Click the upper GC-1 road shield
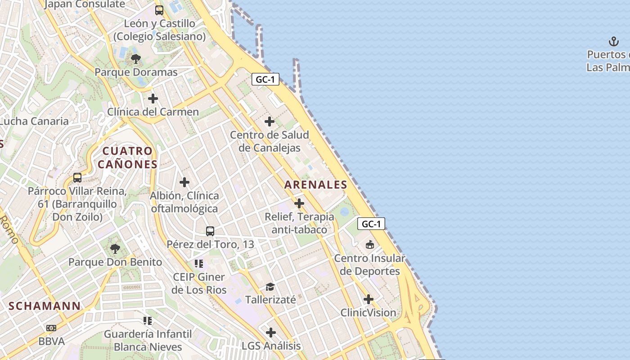click(265, 80)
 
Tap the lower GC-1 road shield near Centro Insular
click(371, 224)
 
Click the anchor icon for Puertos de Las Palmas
click(614, 41)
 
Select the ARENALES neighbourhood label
click(316, 184)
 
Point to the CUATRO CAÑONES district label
click(127, 157)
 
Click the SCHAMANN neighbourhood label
click(45, 306)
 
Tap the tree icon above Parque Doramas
click(135, 58)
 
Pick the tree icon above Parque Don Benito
click(115, 248)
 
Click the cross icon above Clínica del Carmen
click(153, 98)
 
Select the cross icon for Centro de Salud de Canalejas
click(270, 121)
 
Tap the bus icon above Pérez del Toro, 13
click(210, 231)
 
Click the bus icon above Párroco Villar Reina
click(77, 177)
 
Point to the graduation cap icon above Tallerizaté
click(270, 286)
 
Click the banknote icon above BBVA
click(51, 328)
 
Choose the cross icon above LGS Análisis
click(270, 333)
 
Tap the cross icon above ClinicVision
click(369, 299)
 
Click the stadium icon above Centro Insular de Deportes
click(369, 244)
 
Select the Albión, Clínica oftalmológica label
click(184, 202)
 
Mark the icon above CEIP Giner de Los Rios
click(199, 263)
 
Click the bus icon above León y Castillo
click(159, 9)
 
